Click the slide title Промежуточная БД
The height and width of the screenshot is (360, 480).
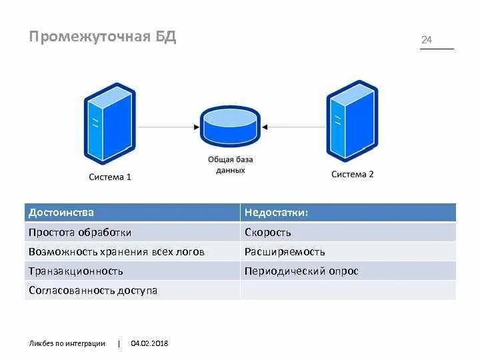pyautogui.click(x=102, y=36)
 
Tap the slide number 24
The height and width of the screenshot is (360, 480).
pyautogui.click(x=427, y=40)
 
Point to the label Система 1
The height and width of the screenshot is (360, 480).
pyautogui.click(x=110, y=177)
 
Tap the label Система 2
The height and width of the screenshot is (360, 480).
pyautogui.click(x=353, y=174)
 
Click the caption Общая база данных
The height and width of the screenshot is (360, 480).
pyautogui.click(x=231, y=165)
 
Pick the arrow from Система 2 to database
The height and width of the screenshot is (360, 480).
pyautogui.click(x=294, y=126)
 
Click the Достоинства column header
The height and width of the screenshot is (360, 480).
pyautogui.click(x=61, y=213)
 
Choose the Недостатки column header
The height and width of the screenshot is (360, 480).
pyautogui.click(x=276, y=213)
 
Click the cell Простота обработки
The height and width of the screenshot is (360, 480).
pyautogui.click(x=80, y=233)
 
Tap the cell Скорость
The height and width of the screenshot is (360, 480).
pyautogui.click(x=268, y=233)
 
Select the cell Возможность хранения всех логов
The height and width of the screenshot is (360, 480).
pyautogui.click(x=117, y=252)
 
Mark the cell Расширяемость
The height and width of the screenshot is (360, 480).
pyautogui.click(x=285, y=252)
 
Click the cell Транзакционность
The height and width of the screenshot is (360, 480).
pyautogui.click(x=76, y=271)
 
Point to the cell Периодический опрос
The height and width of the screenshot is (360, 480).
pyautogui.click(x=301, y=271)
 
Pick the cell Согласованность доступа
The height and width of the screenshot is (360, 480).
pyautogui.click(x=93, y=291)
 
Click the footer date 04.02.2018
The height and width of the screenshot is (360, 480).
pyautogui.click(x=149, y=343)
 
